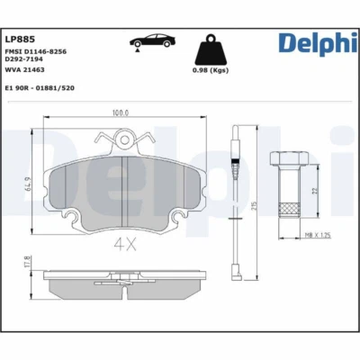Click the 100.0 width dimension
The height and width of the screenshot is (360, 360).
120,113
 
